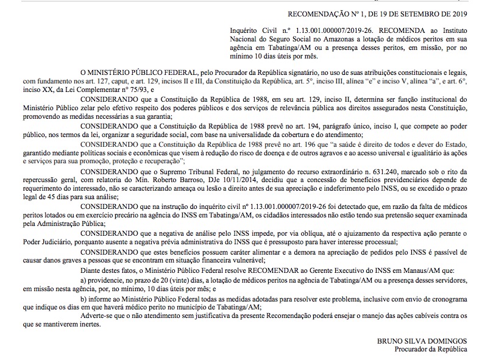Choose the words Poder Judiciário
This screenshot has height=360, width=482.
40,242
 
